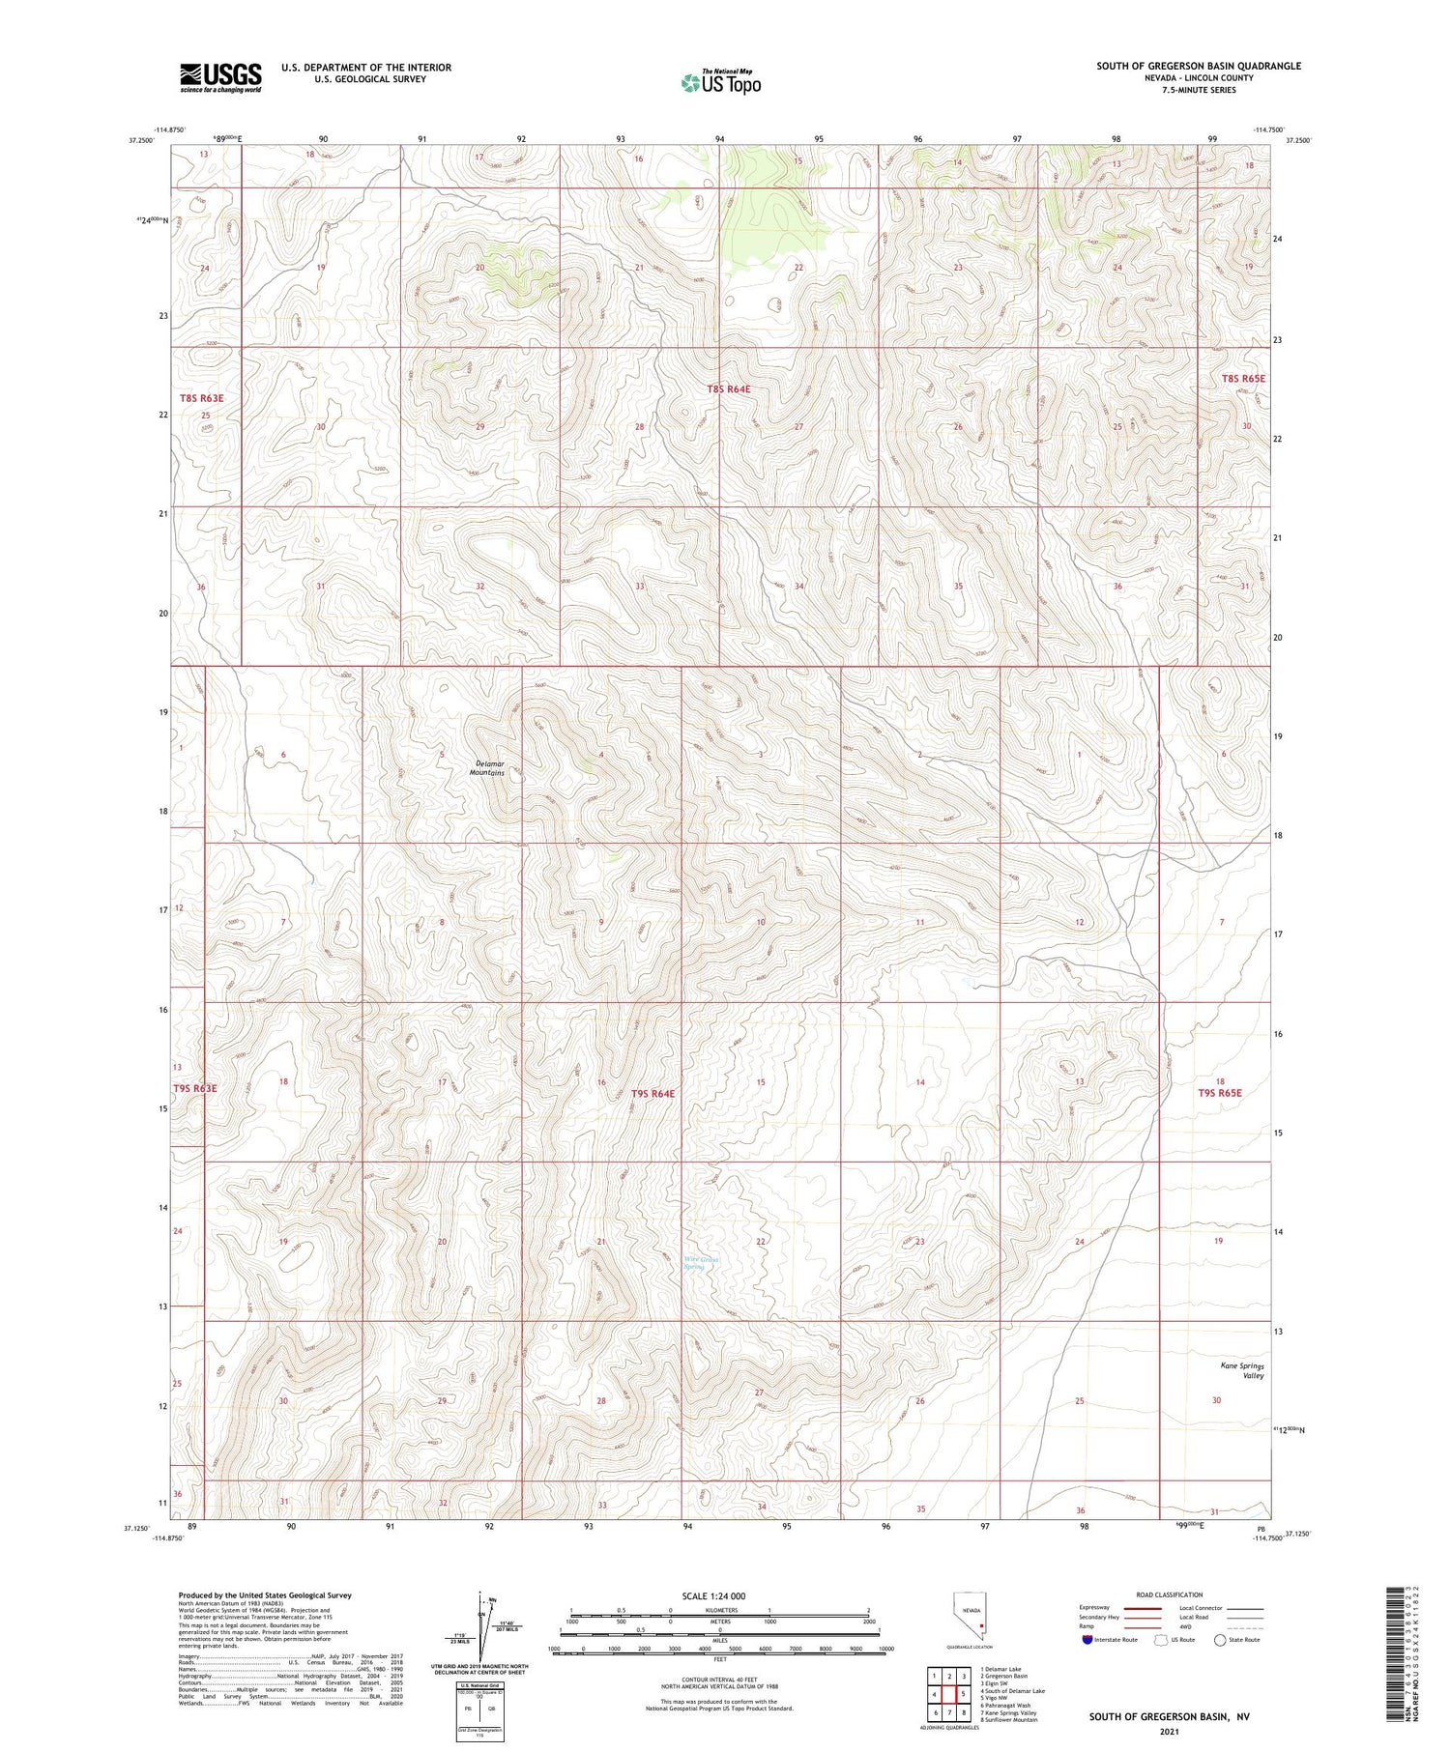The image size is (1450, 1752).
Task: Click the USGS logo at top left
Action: click(x=220, y=77)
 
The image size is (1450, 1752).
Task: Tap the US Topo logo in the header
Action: click(x=721, y=82)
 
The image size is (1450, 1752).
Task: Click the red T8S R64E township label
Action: click(x=728, y=388)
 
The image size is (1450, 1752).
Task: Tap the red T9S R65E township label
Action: click(x=1219, y=1093)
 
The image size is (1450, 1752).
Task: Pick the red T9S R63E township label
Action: click(x=195, y=1088)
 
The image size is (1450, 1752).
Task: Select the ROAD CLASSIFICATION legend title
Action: click(x=1170, y=1594)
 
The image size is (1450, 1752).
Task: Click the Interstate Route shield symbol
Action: click(x=1087, y=1640)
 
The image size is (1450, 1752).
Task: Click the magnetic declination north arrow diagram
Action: click(x=482, y=1624)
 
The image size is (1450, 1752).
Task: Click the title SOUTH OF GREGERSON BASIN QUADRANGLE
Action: click(x=1198, y=66)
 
